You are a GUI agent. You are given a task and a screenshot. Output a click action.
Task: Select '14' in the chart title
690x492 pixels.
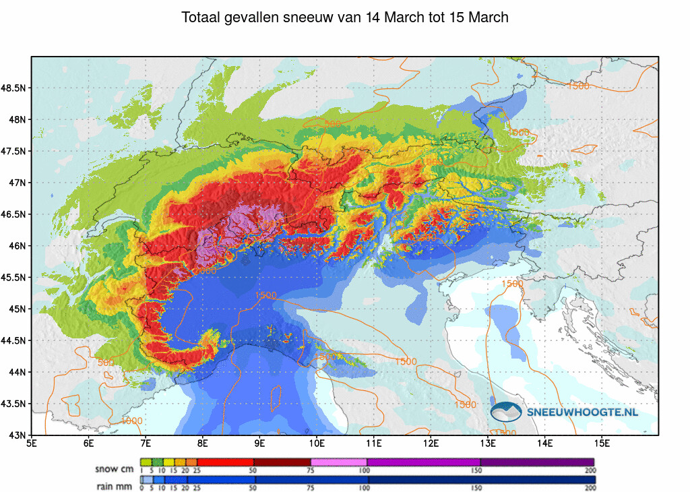[x=373, y=18]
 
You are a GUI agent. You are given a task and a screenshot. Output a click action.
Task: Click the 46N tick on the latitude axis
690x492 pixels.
[x=18, y=246]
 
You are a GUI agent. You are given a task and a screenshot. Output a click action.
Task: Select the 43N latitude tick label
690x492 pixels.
[x=18, y=435]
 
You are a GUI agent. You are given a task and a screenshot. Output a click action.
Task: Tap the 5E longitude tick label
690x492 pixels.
[x=31, y=443]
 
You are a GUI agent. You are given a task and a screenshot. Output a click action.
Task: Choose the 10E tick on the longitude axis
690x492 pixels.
[x=317, y=443]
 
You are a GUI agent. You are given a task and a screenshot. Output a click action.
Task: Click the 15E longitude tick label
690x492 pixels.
[x=603, y=443]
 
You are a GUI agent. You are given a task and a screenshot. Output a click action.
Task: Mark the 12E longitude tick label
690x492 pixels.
[x=432, y=443]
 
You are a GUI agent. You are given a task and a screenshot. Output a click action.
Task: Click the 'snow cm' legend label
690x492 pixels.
[x=115, y=469]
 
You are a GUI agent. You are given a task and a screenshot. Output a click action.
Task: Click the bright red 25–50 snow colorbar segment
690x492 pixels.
[x=225, y=462]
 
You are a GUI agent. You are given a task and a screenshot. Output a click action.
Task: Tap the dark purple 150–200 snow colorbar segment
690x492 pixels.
[x=537, y=462]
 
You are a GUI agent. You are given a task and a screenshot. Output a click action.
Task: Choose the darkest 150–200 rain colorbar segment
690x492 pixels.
[x=537, y=479]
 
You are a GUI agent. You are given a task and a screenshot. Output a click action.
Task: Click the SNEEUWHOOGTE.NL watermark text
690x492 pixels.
[x=582, y=412]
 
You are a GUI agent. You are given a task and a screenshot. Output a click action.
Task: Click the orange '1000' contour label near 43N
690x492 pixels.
[x=132, y=421]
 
